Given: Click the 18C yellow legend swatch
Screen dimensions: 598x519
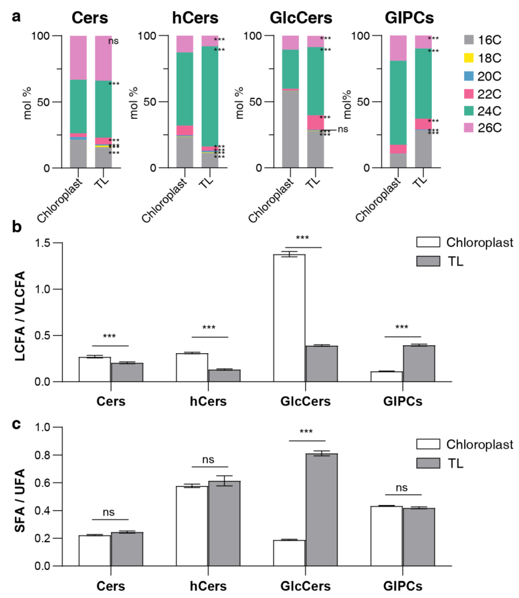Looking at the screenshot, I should tap(469, 58).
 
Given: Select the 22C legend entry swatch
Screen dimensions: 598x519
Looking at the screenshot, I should tap(469, 94).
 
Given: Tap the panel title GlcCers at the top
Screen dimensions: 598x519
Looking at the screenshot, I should tap(301, 18).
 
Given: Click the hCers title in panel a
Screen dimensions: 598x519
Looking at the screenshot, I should tap(195, 18).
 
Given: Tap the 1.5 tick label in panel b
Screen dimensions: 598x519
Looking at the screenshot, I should tap(42, 243).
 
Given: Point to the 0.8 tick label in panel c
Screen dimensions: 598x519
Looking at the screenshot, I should tap(42, 455).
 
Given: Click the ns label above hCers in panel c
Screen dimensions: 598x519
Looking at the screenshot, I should tap(208, 460).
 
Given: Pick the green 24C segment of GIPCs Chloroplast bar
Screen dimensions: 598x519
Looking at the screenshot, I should tap(398, 103).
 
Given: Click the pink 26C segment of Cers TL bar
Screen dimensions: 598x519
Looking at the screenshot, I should tap(103, 58).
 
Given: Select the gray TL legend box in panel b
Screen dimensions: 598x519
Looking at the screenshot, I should tap(428, 261).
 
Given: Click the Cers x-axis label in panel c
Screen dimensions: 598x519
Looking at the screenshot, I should tap(111, 586).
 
